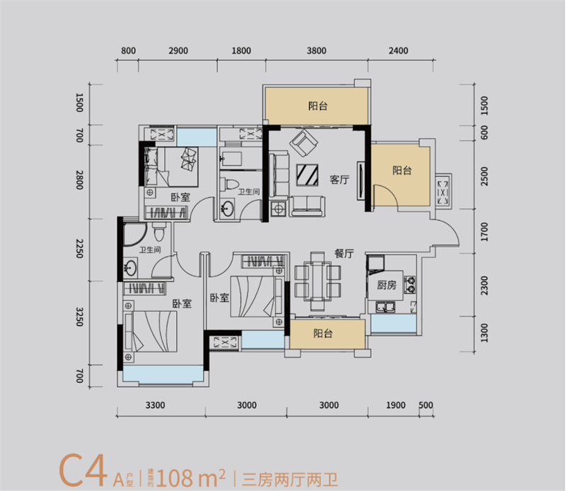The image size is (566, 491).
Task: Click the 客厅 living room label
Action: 340,180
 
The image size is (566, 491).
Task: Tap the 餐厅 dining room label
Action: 345,254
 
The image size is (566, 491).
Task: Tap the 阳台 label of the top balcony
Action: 318,106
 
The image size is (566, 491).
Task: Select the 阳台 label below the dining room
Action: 323,333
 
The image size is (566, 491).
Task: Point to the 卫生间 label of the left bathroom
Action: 149,250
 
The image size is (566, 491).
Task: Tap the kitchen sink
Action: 386,307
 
